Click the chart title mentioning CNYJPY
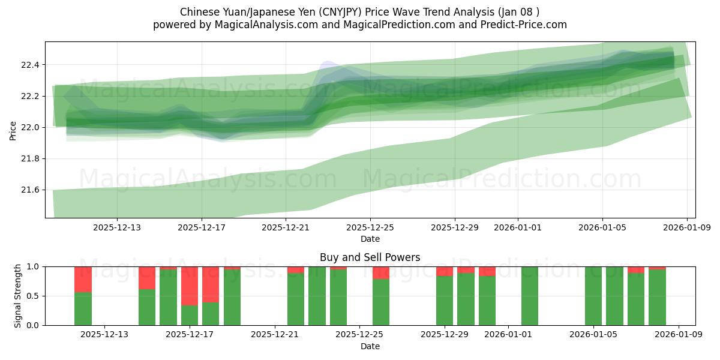click(x=359, y=12)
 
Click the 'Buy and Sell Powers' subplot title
click(x=370, y=257)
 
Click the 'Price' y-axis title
click(x=13, y=130)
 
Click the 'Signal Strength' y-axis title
click(x=18, y=295)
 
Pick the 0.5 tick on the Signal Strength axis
click(x=34, y=296)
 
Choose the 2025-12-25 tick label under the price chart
click(x=370, y=227)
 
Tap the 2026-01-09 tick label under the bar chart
click(x=679, y=334)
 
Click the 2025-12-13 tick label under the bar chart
click(x=104, y=334)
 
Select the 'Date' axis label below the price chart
click(x=370, y=239)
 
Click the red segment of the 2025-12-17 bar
click(x=190, y=286)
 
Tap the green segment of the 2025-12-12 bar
click(x=83, y=308)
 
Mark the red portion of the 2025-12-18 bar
click(x=211, y=284)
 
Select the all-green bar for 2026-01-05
click(x=593, y=296)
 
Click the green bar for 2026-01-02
click(x=530, y=296)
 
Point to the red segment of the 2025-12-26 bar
click(x=381, y=272)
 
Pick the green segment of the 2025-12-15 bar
click(x=147, y=307)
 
